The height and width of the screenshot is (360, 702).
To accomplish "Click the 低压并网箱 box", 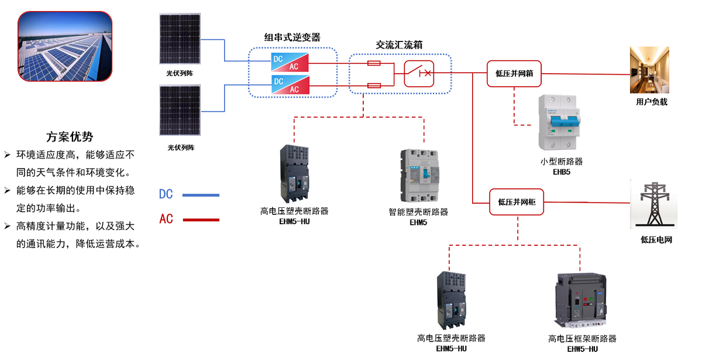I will click(514, 74).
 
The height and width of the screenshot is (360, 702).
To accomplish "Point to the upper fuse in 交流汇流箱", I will click(373, 63).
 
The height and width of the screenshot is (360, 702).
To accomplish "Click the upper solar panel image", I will click(180, 39).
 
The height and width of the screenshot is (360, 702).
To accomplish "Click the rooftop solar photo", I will click(64, 46).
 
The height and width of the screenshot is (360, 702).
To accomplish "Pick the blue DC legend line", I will click(201, 195).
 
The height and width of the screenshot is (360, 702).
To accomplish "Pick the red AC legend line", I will click(201, 220).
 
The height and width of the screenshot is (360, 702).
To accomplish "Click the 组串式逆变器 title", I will click(292, 37).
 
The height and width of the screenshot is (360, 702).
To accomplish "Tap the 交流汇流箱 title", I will click(400, 44).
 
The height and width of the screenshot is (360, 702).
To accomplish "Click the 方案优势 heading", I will click(70, 138).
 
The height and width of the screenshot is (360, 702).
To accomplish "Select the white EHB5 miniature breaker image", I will click(562, 123).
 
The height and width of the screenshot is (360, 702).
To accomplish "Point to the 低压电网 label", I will click(656, 239).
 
